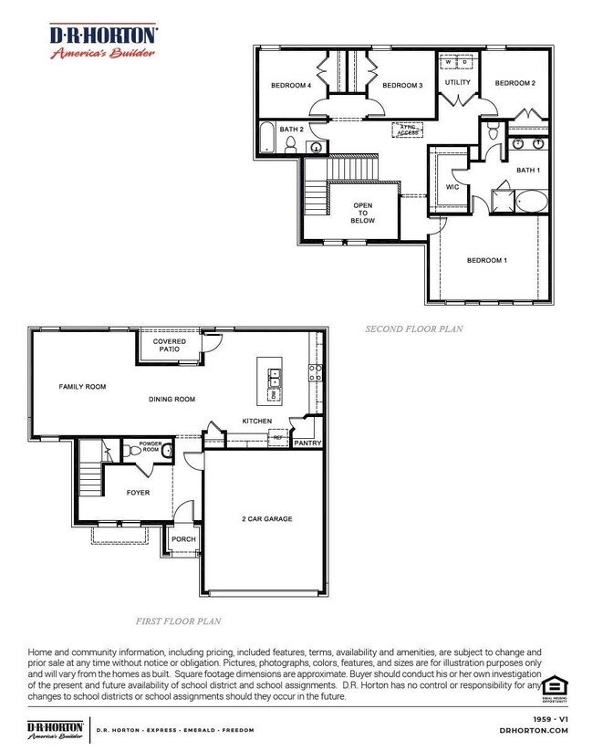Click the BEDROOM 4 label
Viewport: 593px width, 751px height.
[291, 86]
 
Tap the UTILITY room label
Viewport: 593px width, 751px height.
[457, 83]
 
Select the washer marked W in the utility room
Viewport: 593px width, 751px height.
[448, 63]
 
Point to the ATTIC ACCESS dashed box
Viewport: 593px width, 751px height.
[407, 130]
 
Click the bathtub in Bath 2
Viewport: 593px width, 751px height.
[266, 138]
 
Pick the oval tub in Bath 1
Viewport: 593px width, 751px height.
[532, 202]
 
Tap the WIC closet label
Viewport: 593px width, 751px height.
[452, 187]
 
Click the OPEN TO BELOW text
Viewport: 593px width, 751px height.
[363, 213]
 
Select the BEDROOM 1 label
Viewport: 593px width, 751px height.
[486, 260]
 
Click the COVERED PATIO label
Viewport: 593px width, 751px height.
[170, 345]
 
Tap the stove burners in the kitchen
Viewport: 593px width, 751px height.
[315, 372]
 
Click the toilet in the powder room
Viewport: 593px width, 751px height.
[167, 451]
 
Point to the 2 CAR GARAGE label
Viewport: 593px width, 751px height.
[266, 518]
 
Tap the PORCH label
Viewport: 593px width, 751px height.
[183, 539]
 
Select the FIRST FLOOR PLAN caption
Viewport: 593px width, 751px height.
[178, 621]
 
